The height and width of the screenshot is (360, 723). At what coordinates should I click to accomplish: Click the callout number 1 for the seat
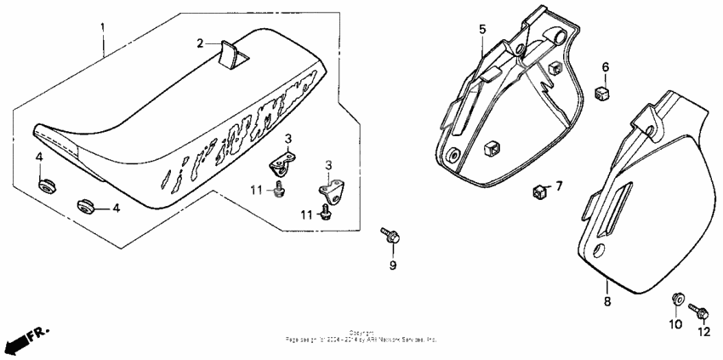click(x=104, y=26)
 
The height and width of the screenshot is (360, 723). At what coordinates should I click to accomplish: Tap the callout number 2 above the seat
click(x=201, y=42)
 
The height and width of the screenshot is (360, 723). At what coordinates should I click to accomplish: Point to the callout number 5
click(x=482, y=30)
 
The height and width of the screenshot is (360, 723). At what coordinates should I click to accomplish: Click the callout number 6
click(x=606, y=67)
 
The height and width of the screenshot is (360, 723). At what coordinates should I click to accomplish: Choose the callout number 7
click(x=559, y=185)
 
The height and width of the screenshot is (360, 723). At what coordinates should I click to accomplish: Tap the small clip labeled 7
click(x=539, y=189)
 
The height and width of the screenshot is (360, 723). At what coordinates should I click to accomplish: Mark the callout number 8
click(x=607, y=300)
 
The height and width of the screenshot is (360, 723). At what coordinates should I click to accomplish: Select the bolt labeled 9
click(x=391, y=234)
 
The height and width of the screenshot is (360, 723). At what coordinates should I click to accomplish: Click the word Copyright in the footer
click(x=361, y=333)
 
